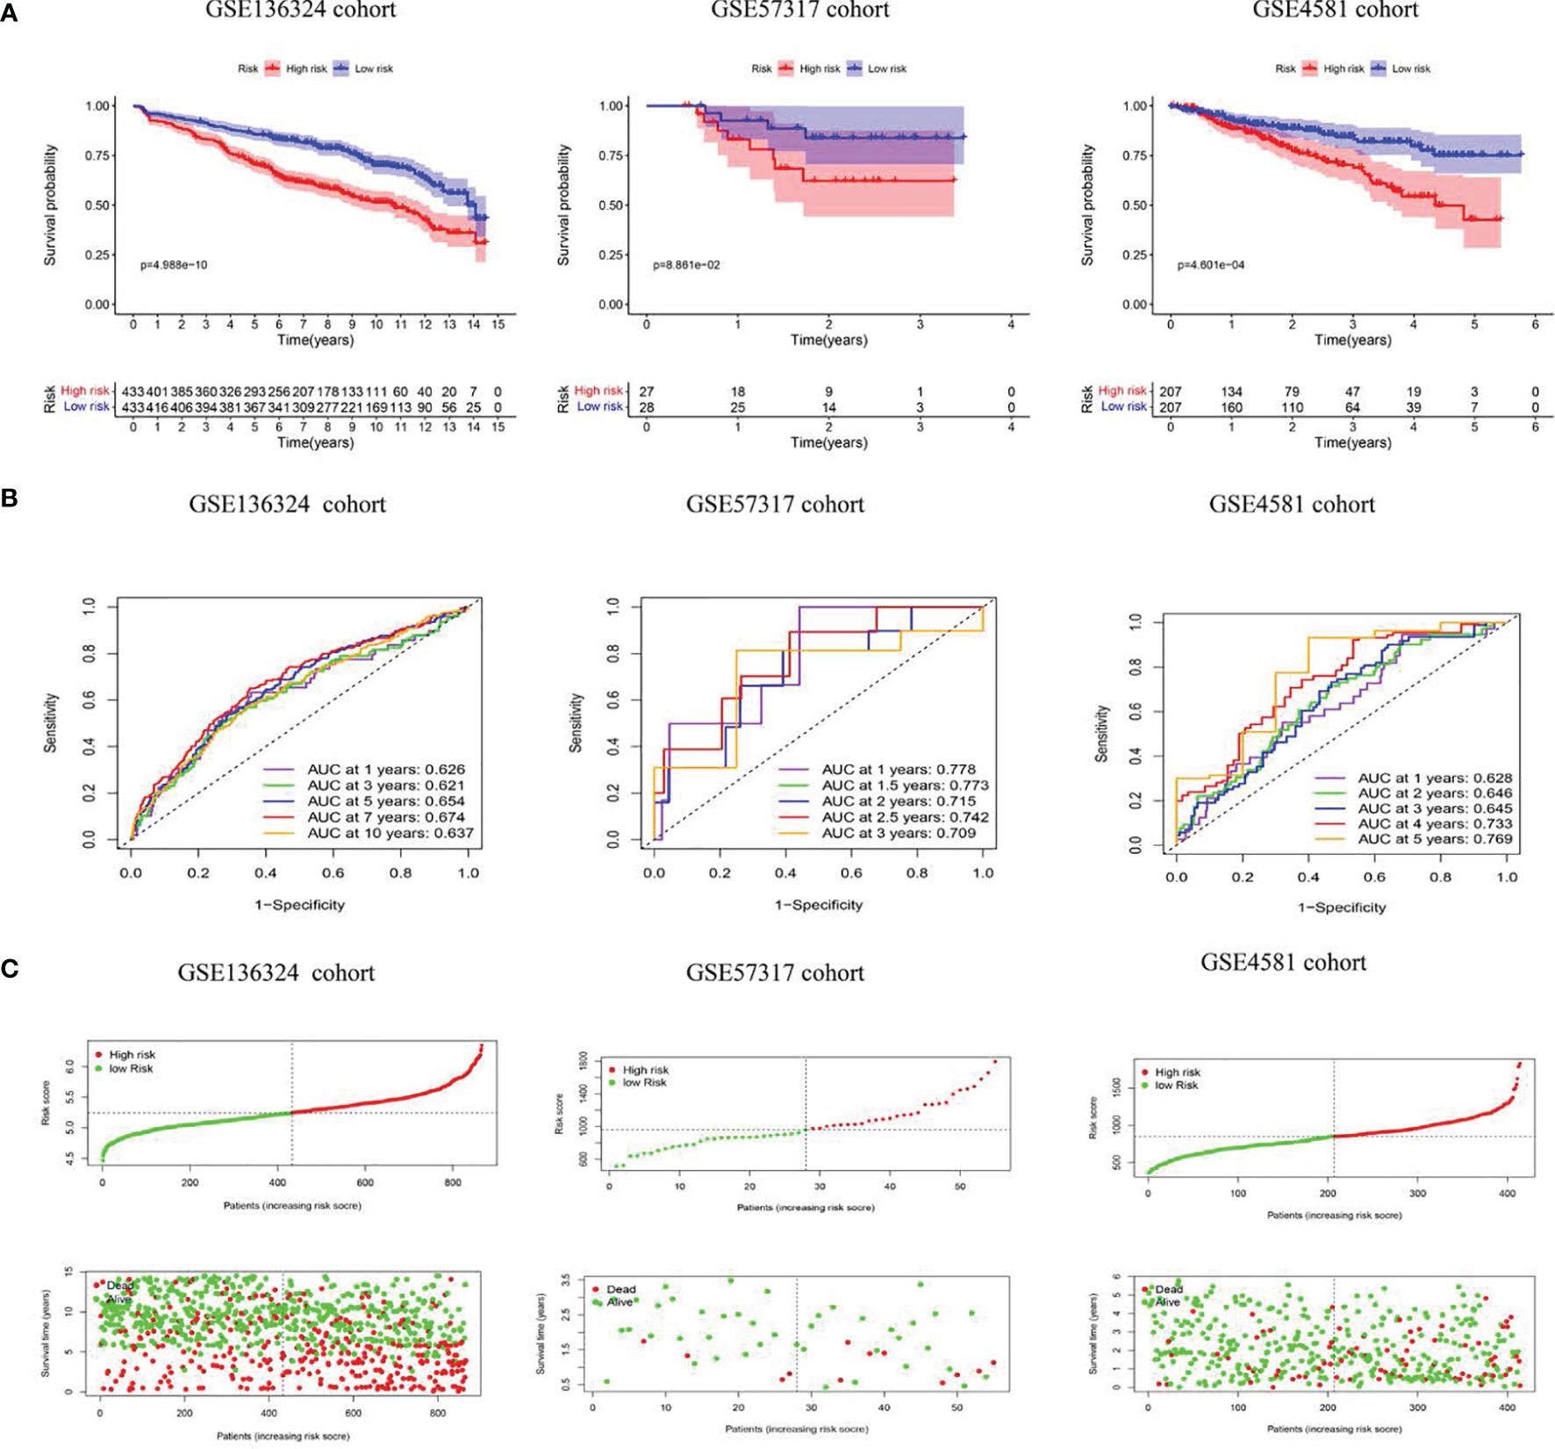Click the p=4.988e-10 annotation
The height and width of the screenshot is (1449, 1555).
pos(174,265)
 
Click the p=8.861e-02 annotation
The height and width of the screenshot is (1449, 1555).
pos(686,265)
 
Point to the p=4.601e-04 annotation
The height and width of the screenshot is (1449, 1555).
pos(1210,265)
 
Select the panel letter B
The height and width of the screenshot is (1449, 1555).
pos(10,499)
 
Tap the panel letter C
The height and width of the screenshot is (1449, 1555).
pos(10,968)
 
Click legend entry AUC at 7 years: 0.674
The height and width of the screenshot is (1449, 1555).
pos(385,817)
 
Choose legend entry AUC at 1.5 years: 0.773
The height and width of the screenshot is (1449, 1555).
pos(904,785)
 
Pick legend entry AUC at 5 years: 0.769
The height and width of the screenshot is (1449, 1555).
pos(1434,839)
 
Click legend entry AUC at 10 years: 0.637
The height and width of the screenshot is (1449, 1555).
pos(390,833)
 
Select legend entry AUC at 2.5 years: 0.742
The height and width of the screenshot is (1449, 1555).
pos(904,817)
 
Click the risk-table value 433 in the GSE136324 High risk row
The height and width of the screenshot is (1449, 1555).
pos(133,391)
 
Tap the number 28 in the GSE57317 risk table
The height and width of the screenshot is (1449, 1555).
pos(647,407)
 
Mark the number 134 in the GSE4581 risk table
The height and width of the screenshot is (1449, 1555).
pos(1231,391)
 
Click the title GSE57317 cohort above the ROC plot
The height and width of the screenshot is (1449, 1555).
pos(775,505)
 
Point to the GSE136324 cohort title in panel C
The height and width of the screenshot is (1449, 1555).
pos(276,973)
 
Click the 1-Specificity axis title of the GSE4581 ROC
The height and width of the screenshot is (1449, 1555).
pos(1342,907)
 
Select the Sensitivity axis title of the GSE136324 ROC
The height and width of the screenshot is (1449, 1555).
pos(51,722)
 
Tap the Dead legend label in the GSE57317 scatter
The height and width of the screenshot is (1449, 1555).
pos(620,1289)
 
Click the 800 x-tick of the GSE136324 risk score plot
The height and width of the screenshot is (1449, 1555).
pos(452,1182)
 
